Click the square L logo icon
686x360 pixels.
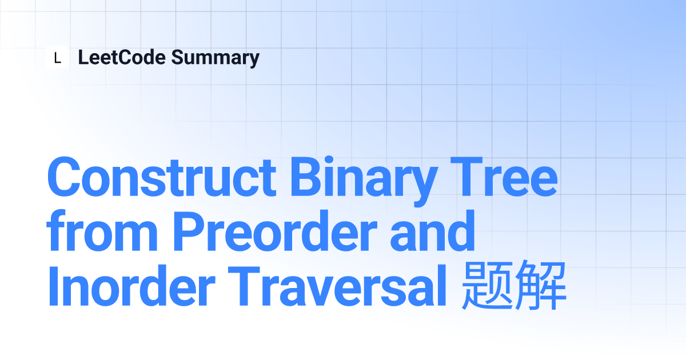[x=57, y=57]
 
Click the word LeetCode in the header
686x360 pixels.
[x=122, y=57]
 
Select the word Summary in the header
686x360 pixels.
[x=216, y=58]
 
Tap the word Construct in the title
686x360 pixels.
[x=162, y=177]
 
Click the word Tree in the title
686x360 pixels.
[x=504, y=177]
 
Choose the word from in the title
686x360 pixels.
[x=102, y=230]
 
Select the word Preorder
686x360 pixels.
[x=276, y=231]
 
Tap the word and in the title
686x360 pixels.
[x=432, y=230]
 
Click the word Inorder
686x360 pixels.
[x=131, y=286]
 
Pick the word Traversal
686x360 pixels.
[x=337, y=286]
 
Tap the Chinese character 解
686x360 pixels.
[x=541, y=286]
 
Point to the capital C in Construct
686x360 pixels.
[x=63, y=177]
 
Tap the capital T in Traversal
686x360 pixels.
[x=244, y=286]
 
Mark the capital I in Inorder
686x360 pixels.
[x=53, y=286]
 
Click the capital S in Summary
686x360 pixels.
[x=178, y=57]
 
